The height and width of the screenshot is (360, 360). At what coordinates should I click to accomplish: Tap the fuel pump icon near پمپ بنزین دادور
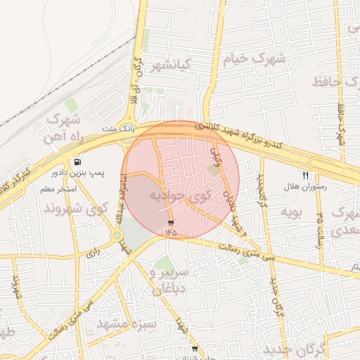76,161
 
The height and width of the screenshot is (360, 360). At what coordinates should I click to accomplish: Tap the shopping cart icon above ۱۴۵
171,222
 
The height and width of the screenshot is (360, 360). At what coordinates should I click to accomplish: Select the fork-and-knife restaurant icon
306,174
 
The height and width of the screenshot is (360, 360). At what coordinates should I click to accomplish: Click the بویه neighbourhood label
290,210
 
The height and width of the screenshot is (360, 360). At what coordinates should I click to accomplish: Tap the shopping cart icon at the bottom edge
194,348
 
